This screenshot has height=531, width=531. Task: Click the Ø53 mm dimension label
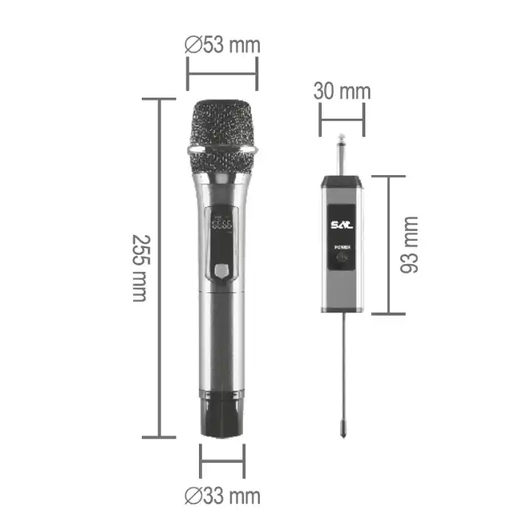(222, 45)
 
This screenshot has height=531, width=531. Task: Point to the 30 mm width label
(341, 91)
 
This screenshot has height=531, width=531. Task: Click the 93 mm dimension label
(410, 245)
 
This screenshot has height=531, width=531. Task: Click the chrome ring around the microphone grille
(222, 150)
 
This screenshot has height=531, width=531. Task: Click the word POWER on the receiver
(341, 248)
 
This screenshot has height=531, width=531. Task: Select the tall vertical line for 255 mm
(159, 268)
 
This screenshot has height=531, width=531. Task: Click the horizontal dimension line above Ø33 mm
(222, 461)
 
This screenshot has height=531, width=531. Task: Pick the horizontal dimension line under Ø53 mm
(222, 72)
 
